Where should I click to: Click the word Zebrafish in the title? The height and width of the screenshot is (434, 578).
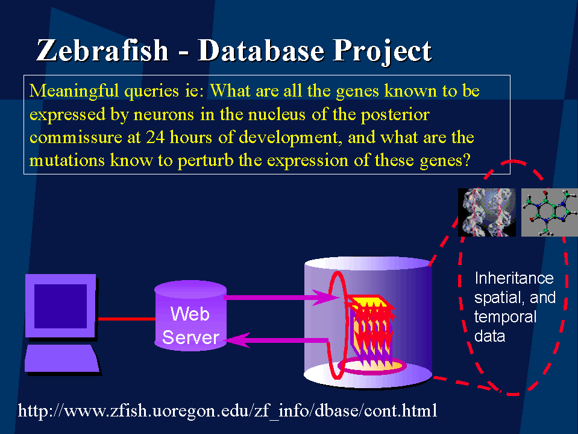102,50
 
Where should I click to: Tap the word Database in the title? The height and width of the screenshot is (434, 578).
261,50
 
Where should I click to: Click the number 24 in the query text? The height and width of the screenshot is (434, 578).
155,137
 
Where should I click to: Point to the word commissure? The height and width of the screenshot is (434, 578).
75,138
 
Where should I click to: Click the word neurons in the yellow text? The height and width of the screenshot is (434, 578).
164,115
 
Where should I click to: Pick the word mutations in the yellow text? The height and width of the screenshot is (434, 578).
67,160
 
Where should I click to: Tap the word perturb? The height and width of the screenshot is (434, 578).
206,161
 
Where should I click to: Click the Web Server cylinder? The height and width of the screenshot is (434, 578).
190,316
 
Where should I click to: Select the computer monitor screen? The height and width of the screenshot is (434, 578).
60,306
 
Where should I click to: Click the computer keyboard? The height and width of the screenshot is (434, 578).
61,358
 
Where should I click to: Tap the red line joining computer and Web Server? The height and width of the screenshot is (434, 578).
127,319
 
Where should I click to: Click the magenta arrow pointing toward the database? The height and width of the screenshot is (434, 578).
281,298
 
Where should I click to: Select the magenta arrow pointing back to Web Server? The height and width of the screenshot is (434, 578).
277,340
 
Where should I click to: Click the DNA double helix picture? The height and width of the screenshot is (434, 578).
487,212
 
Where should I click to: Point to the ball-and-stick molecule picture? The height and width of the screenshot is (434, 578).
550,212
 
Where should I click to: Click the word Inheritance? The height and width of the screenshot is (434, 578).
514,278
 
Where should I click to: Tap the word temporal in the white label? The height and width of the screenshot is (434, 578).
505,317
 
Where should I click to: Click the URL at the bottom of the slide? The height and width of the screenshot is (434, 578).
227,410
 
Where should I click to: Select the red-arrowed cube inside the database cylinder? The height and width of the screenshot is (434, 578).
370,328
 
